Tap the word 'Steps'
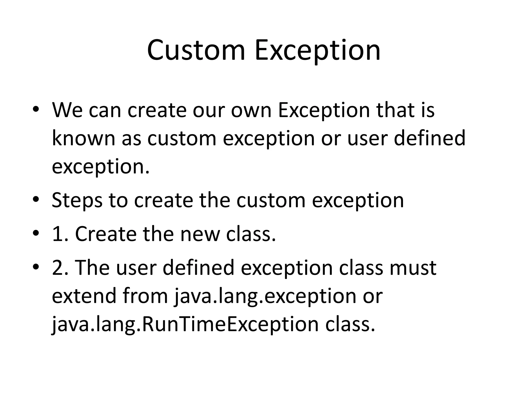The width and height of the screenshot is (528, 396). (x=77, y=201)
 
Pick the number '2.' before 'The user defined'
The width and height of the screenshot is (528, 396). (x=60, y=268)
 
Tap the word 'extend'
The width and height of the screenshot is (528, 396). (x=84, y=296)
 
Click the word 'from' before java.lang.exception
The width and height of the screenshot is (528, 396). (x=145, y=296)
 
